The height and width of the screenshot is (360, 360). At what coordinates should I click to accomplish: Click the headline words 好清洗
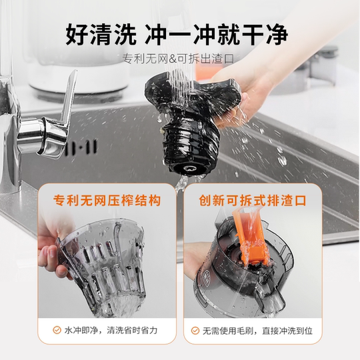101,31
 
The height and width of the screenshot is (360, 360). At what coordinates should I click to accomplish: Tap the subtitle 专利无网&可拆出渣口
179,59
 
